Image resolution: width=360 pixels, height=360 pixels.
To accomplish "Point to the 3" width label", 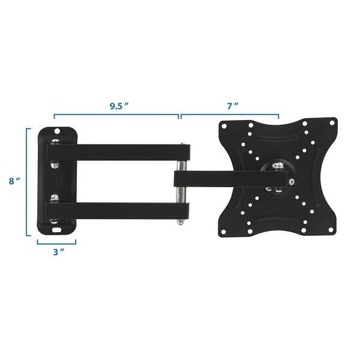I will click(x=58, y=253).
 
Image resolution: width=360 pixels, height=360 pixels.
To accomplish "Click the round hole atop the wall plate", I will click(x=58, y=130).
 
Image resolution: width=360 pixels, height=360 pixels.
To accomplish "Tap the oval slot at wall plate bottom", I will click(x=57, y=227).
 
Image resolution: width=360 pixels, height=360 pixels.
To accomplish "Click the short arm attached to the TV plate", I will click(x=228, y=178).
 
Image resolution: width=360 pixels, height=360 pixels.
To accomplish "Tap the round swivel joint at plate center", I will click(x=277, y=178).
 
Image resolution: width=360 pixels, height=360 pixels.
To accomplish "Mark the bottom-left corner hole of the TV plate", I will click(x=224, y=230).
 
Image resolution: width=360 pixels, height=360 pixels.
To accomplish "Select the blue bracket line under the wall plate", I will click(x=56, y=243).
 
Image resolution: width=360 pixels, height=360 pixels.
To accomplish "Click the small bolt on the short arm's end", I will click(x=291, y=180).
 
